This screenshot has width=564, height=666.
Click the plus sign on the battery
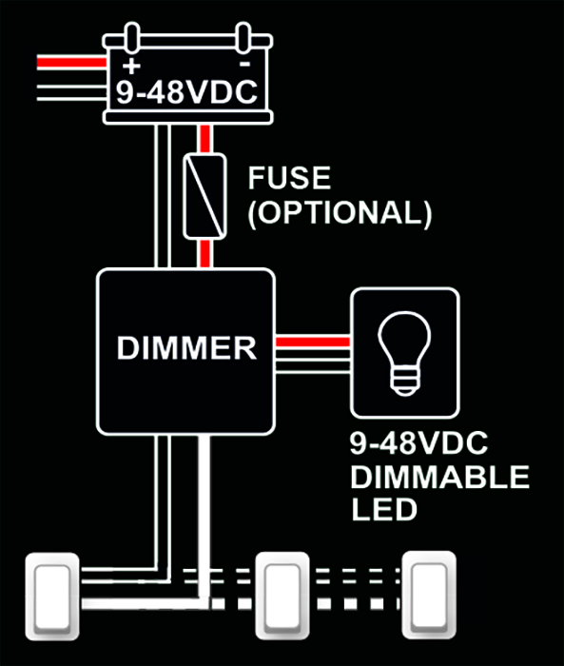[x=131, y=66]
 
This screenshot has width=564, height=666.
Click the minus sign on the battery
[x=244, y=64]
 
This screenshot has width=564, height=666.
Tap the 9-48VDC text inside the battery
[x=186, y=91]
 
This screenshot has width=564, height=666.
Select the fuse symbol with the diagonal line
[x=204, y=196]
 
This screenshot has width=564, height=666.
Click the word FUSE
[x=289, y=178]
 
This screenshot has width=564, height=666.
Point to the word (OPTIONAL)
[x=340, y=212]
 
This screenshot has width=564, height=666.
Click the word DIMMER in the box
[x=186, y=348]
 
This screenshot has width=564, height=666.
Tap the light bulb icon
[x=405, y=353]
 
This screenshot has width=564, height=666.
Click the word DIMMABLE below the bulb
[x=440, y=477]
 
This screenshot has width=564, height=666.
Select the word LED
[x=384, y=509]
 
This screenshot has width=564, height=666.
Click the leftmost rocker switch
[x=52, y=597]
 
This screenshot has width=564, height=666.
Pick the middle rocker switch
[x=282, y=596]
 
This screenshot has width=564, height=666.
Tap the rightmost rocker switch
[x=429, y=595]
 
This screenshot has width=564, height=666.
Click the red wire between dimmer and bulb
[x=313, y=342]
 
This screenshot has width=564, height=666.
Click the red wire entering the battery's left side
[x=71, y=63]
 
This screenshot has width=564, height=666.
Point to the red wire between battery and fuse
[x=205, y=139]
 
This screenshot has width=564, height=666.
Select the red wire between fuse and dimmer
[x=205, y=254]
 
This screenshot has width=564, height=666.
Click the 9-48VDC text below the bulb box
[x=418, y=443]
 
